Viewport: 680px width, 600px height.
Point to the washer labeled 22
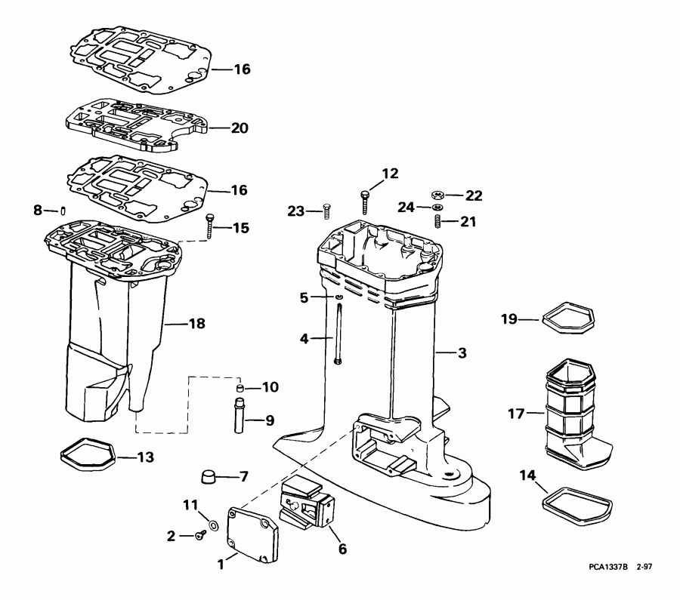438,194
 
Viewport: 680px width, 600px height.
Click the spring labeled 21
437,221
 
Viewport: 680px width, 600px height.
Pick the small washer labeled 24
437,207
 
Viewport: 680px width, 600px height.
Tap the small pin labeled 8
64,211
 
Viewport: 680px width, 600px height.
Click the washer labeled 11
212,525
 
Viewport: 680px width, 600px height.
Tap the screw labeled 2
199,536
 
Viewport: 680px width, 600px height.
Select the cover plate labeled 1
252,536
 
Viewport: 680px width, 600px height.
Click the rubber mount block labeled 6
308,507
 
